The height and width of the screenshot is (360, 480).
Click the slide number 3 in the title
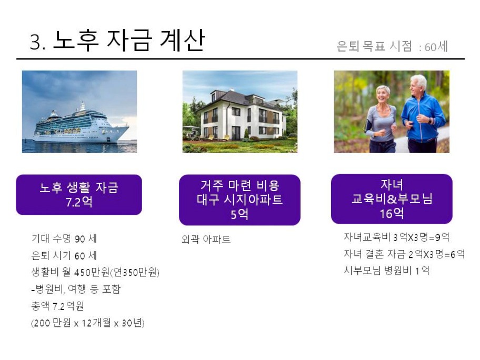36,42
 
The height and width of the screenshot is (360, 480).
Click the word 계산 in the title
182,41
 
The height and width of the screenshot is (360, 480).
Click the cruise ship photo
79,112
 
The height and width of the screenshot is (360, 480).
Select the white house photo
240,112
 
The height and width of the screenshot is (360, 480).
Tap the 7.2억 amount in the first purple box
78,202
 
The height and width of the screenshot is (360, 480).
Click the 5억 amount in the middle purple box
239,214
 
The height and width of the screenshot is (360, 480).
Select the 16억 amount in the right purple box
392,213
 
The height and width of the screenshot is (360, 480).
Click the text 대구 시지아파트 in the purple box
239,199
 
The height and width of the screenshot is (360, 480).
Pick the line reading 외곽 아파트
206,239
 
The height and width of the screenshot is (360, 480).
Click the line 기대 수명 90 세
64,238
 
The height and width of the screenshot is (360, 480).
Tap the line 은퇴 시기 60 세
64,255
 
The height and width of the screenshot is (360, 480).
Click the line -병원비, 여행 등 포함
76,288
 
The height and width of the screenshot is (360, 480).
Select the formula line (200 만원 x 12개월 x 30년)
88,323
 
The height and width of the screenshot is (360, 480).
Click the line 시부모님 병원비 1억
386,271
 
